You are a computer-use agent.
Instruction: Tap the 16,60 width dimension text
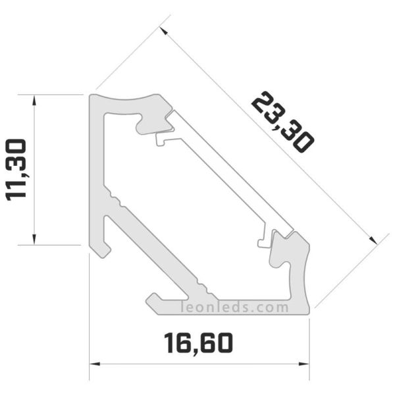point(198,342)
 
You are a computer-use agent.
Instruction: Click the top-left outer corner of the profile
point(91,95)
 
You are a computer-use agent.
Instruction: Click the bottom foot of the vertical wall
point(101,250)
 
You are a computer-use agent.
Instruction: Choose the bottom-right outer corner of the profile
point(308,313)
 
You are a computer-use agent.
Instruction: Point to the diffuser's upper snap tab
point(162,139)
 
